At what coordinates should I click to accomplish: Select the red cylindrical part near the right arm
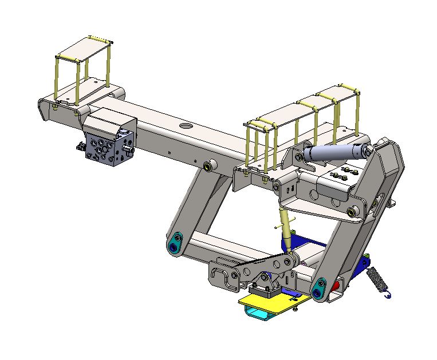click(338, 283)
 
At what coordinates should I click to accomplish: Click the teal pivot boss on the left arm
click(174, 247)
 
